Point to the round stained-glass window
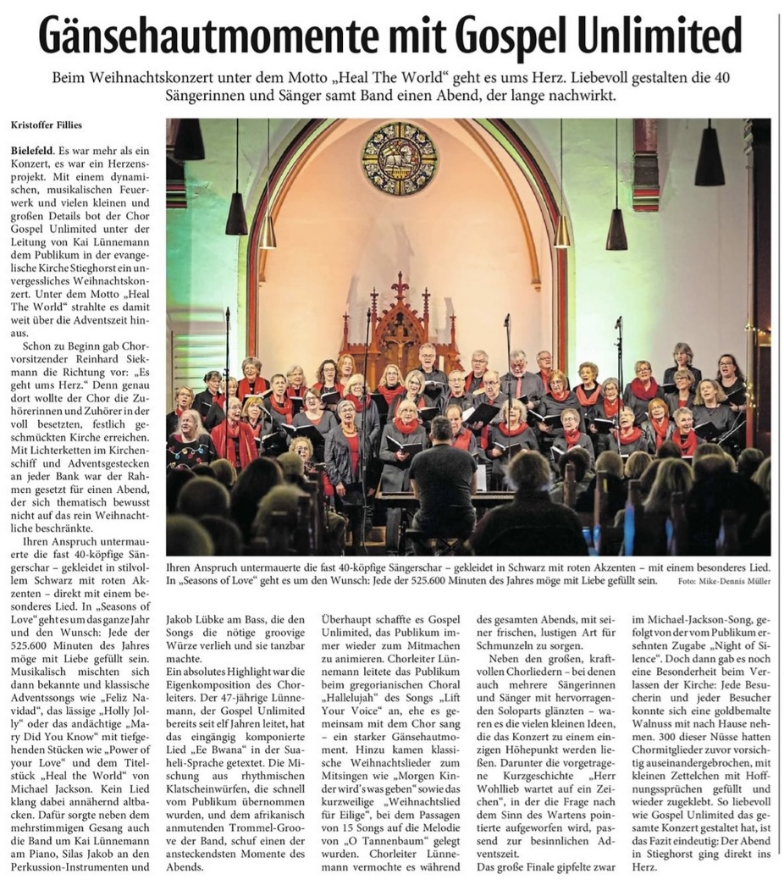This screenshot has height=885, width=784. pos(400,158)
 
